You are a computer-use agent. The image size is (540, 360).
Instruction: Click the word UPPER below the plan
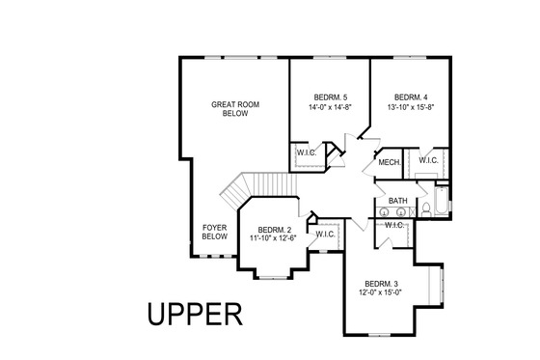click(193, 315)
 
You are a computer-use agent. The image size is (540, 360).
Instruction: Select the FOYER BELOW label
click(214, 232)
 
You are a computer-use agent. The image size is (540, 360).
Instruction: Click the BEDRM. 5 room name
click(330, 97)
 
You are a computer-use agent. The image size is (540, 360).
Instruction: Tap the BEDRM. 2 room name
click(274, 229)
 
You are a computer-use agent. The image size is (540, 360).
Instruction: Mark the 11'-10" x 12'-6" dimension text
click(274, 238)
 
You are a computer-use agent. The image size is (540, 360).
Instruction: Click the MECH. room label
click(390, 162)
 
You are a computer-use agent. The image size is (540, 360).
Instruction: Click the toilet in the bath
click(425, 209)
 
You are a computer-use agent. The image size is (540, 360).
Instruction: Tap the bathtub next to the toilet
click(442, 203)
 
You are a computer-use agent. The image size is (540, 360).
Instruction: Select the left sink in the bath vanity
click(384, 209)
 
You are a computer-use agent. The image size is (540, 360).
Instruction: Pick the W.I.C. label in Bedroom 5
click(308, 153)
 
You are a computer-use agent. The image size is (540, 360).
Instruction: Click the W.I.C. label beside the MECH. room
click(428, 160)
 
